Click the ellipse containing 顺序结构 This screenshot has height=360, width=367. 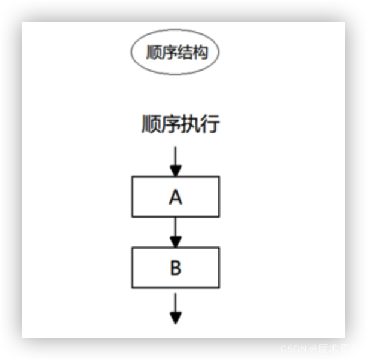pos(175,53)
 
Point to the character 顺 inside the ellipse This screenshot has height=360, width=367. pos(154,53)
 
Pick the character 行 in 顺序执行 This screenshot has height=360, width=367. pos(210,124)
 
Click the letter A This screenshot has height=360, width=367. pos(175,197)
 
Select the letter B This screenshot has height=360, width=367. pos(175,267)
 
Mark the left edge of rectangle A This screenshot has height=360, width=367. pos(132,197)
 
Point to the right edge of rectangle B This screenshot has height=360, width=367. pos(219,267)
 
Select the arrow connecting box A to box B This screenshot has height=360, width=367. pos(175,230)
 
